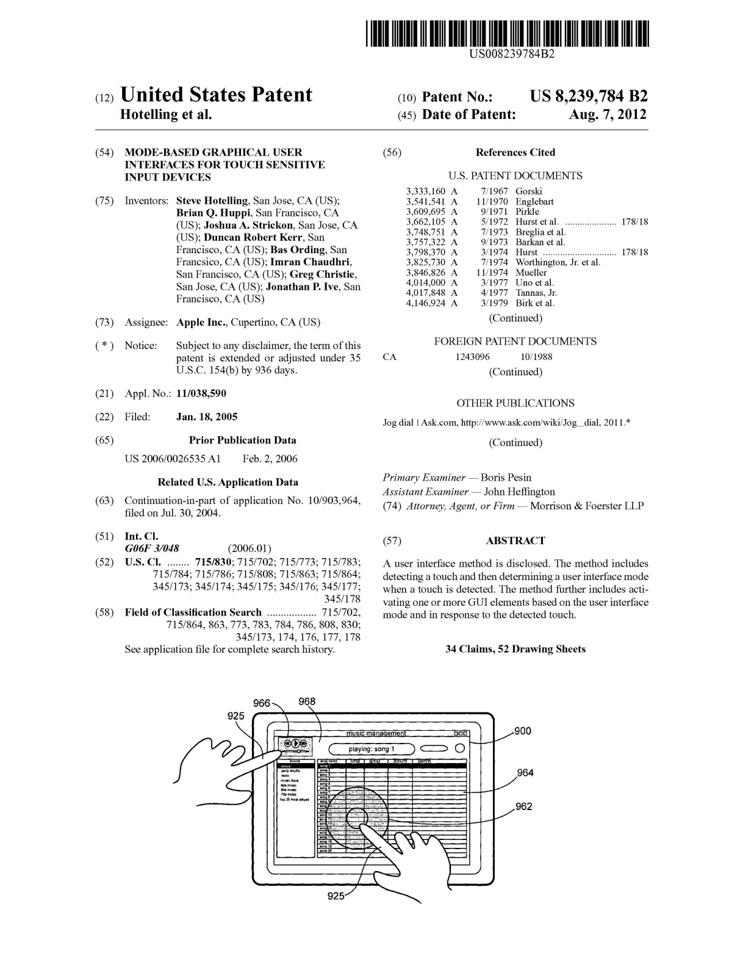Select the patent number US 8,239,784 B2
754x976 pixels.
(x=588, y=96)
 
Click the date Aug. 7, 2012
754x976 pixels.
(x=607, y=115)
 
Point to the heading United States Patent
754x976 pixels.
(x=216, y=95)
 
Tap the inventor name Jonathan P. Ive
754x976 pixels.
(x=301, y=287)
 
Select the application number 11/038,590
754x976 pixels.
(x=201, y=393)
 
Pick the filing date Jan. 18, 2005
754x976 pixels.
(x=207, y=417)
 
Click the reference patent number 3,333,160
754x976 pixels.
(x=426, y=191)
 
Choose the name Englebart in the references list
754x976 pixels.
(x=534, y=201)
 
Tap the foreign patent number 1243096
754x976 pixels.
(x=472, y=357)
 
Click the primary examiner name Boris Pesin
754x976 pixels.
(x=506, y=478)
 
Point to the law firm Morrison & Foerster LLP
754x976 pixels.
(x=586, y=506)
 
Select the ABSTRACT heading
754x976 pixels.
(x=515, y=540)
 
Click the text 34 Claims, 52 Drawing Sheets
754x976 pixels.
(x=515, y=649)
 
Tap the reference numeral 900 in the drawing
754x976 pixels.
(x=523, y=731)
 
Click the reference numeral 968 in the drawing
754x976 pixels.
(x=307, y=701)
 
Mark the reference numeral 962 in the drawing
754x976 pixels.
(x=523, y=806)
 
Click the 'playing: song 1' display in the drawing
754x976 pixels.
(x=372, y=748)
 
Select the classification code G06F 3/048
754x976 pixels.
(x=152, y=548)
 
